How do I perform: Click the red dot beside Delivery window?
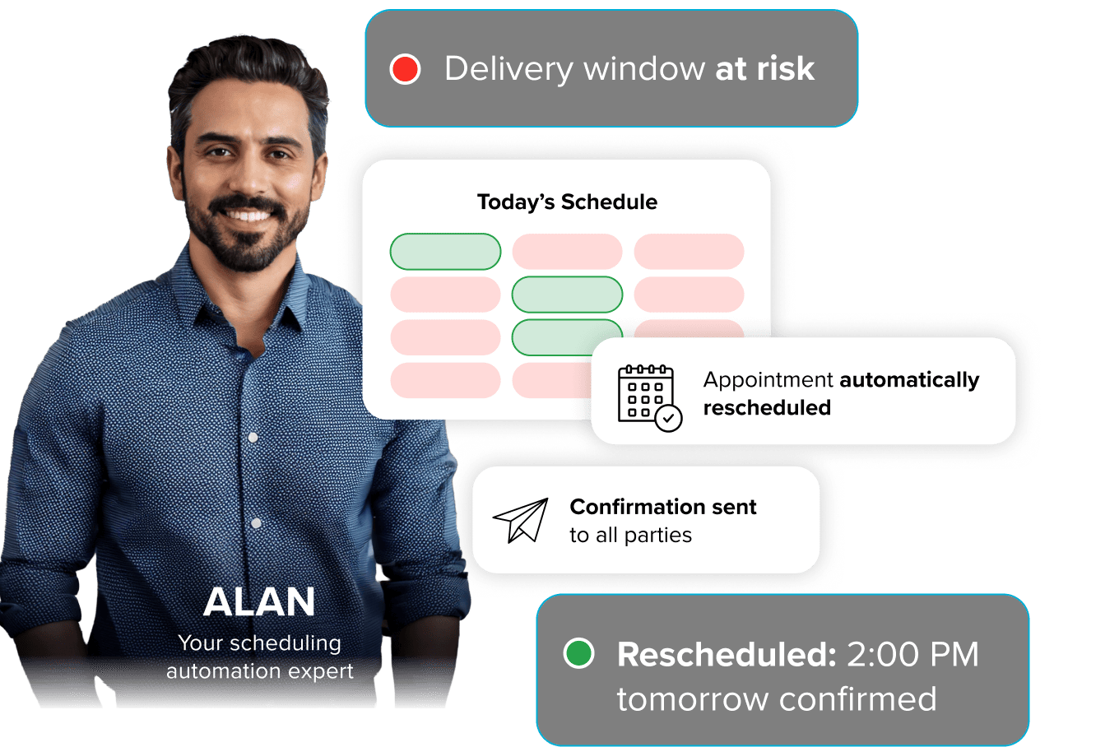click(x=405, y=69)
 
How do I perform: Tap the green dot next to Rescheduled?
click(x=578, y=654)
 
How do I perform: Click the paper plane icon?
click(x=521, y=520)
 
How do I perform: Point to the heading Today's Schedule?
click(x=567, y=202)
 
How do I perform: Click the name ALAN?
click(x=259, y=602)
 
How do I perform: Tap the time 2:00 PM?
click(x=912, y=655)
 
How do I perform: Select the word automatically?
click(x=909, y=380)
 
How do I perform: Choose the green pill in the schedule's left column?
click(x=445, y=252)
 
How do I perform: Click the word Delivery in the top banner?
click(x=508, y=69)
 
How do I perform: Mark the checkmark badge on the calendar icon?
click(x=669, y=418)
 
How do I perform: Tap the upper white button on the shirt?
click(x=253, y=438)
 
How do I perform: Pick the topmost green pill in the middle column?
click(x=567, y=295)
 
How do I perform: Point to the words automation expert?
click(x=260, y=671)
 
